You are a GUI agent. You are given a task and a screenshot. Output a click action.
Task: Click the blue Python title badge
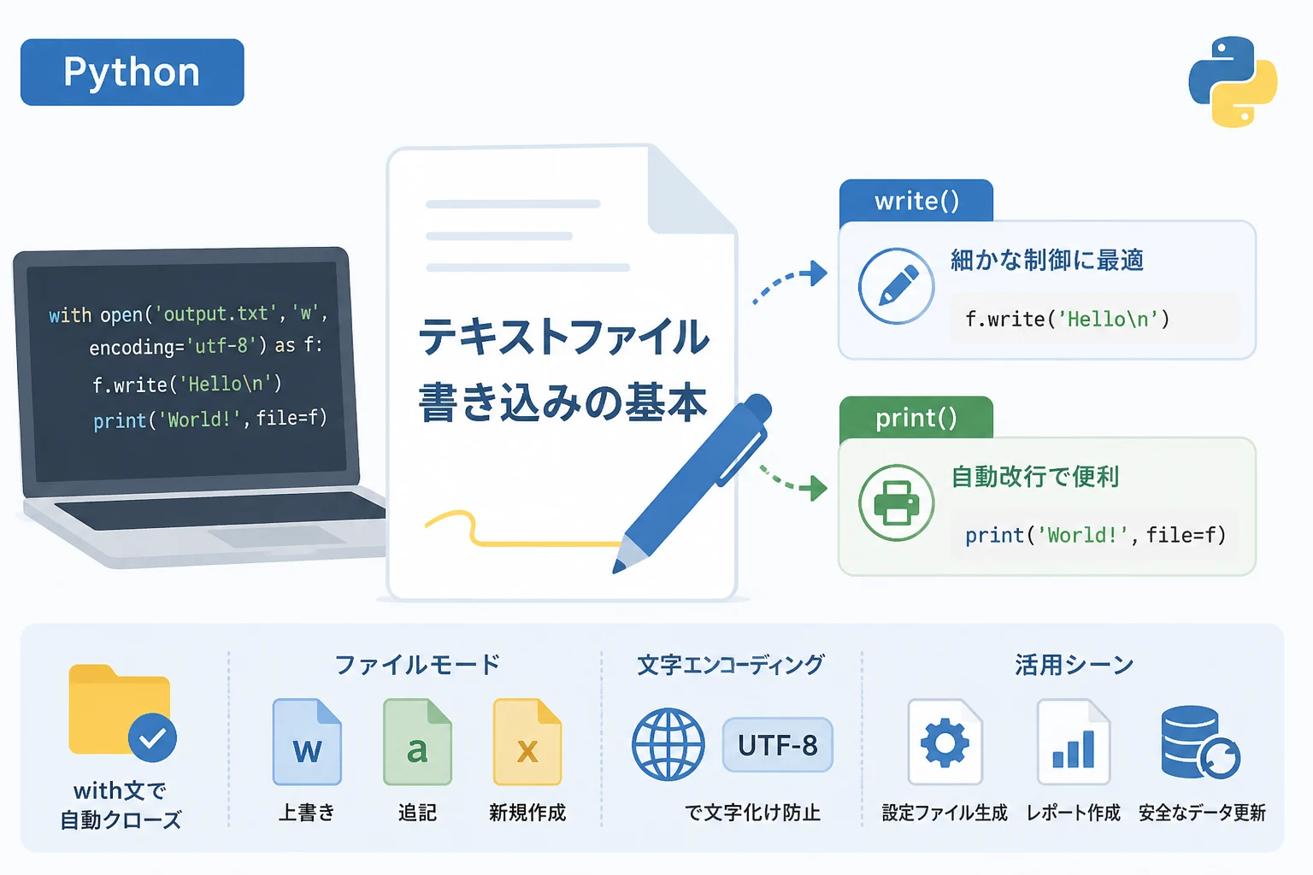click(x=132, y=72)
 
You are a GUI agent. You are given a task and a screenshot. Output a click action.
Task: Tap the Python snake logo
click(x=1233, y=81)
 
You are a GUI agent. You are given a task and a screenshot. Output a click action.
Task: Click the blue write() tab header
click(x=916, y=201)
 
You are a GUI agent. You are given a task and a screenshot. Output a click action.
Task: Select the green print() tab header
click(x=916, y=418)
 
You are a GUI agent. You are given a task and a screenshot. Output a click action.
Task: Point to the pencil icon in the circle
click(x=896, y=286)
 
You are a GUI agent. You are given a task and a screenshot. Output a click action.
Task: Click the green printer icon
click(x=896, y=502)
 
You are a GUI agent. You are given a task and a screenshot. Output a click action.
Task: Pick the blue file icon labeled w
click(x=307, y=742)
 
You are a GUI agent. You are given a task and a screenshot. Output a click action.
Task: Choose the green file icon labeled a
click(x=417, y=742)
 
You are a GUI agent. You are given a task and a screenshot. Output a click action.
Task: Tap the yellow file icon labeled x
click(x=527, y=742)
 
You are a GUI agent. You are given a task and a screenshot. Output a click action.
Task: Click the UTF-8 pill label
click(x=778, y=745)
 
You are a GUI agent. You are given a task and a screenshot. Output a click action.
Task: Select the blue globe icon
click(x=668, y=744)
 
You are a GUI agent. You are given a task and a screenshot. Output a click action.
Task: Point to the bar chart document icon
click(x=1074, y=742)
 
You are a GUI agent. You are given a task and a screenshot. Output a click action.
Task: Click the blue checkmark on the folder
click(x=152, y=737)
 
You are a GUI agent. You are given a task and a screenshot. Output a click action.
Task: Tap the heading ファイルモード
click(x=417, y=665)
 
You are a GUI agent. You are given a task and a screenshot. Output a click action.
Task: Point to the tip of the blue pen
click(x=615, y=571)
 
